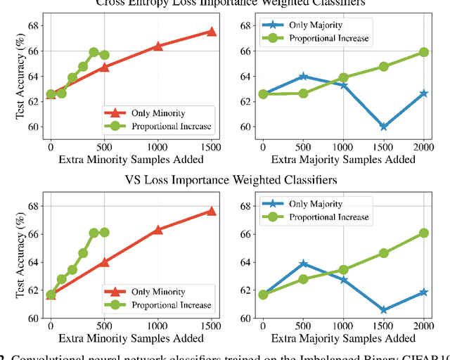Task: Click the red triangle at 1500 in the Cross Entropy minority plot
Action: [x=212, y=32]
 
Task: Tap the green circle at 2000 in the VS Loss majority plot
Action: [x=424, y=233]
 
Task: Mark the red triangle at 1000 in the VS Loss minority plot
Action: [x=157, y=230]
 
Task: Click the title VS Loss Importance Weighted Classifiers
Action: [x=225, y=180]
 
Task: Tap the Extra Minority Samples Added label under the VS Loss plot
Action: [x=131, y=342]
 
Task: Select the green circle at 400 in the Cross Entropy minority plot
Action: [x=94, y=52]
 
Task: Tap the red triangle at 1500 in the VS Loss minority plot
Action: [x=212, y=211]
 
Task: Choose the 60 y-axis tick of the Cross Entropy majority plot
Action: [x=245, y=127]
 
